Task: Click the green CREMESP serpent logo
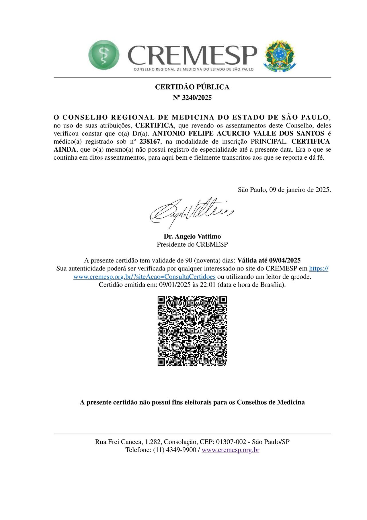tap(104, 55)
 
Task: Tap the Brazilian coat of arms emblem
tap(280, 56)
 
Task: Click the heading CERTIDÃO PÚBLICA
tap(192, 87)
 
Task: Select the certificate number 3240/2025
tap(197, 98)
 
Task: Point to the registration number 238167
tap(150, 142)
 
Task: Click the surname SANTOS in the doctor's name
tap(311, 134)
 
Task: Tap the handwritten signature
tap(191, 212)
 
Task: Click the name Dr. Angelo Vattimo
tap(192, 236)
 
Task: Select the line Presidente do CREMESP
tap(192, 244)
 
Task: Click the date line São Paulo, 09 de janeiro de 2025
tap(284, 190)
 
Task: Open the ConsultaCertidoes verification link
tap(144, 277)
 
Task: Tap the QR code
tap(192, 331)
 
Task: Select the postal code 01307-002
tap(231, 442)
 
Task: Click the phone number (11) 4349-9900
tap(175, 450)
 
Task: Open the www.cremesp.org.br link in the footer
tap(230, 450)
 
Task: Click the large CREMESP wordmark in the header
tap(192, 55)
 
